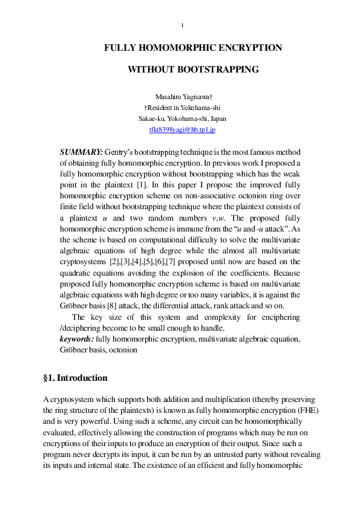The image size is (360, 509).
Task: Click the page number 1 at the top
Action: (183, 25)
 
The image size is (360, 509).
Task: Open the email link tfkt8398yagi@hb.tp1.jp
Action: (182, 129)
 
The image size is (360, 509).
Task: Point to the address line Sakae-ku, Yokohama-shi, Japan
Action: (182, 118)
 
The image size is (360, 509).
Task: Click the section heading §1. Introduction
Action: (75, 378)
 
